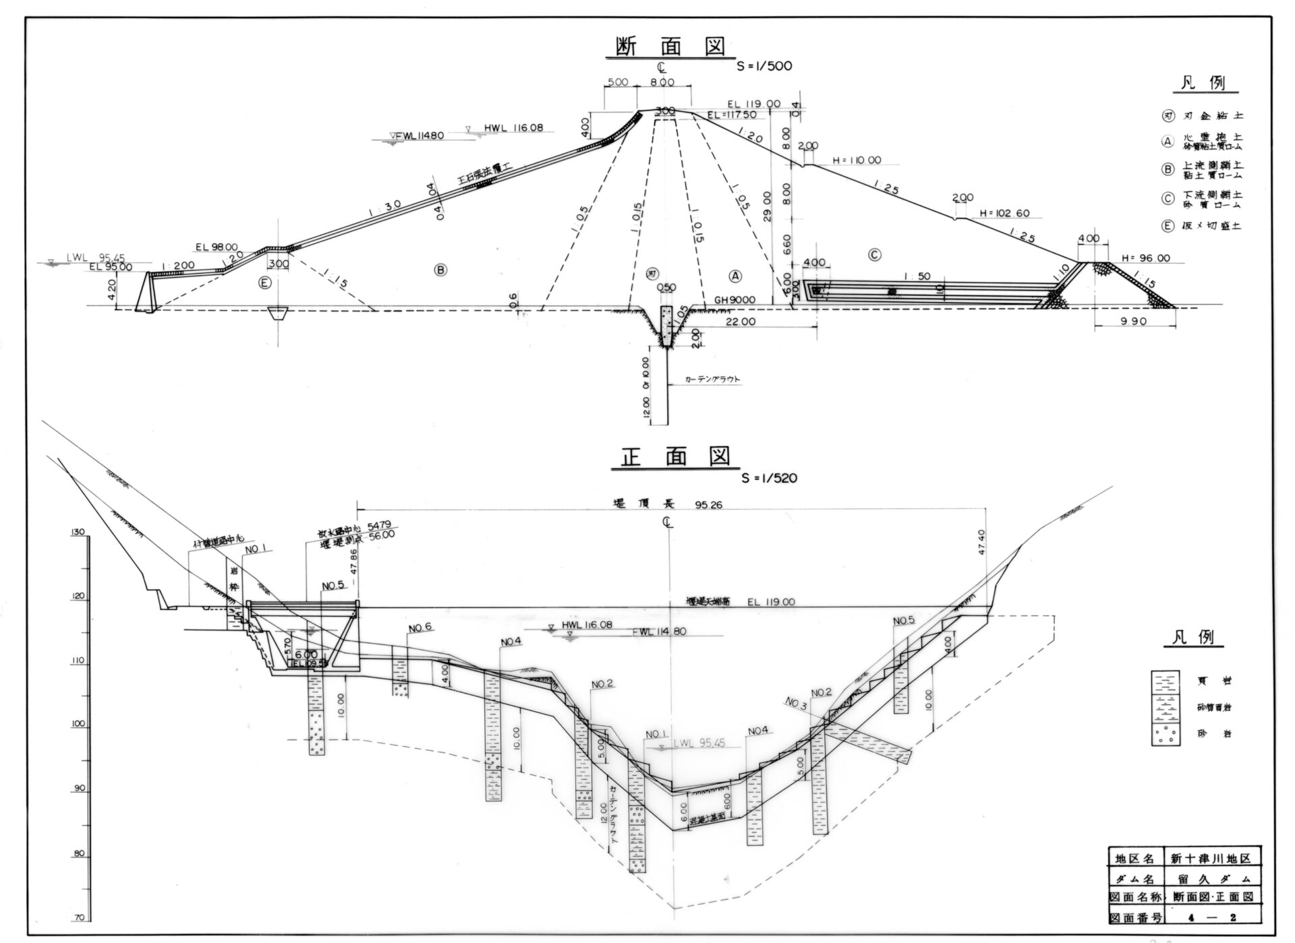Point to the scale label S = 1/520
tap(768, 478)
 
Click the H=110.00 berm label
tap(857, 160)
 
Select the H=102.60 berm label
tap(1005, 213)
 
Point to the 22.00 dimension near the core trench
tap(740, 322)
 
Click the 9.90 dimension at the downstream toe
tap(1133, 322)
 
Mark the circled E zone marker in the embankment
tap(265, 283)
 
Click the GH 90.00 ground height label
tap(735, 300)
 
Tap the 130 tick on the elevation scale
tap(78, 533)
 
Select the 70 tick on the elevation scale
tap(78, 917)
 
